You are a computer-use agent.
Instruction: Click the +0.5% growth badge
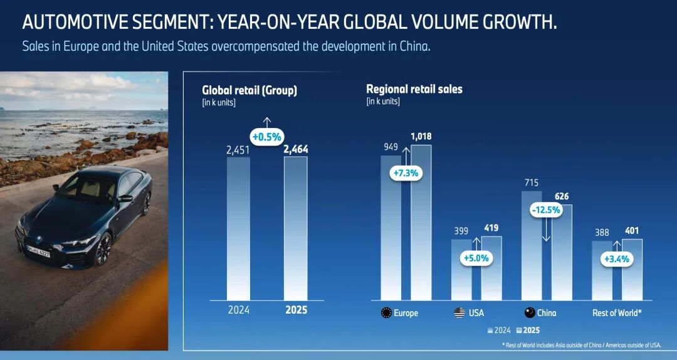pos(267,136)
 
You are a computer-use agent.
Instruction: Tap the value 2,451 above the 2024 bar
pos(238,150)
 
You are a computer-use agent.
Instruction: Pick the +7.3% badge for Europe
pos(405,172)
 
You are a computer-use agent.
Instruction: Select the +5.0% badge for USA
pos(475,257)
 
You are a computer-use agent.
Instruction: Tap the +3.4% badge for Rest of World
pos(616,258)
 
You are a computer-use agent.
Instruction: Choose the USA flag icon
pos(459,312)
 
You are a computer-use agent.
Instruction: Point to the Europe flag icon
pos(386,312)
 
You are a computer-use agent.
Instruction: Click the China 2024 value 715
pos(530,183)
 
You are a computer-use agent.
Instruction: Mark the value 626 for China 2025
pos(562,196)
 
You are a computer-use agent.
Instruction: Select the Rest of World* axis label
pos(617,312)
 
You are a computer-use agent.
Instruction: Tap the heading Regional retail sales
pos(414,89)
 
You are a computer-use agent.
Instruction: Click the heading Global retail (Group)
pos(249,90)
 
